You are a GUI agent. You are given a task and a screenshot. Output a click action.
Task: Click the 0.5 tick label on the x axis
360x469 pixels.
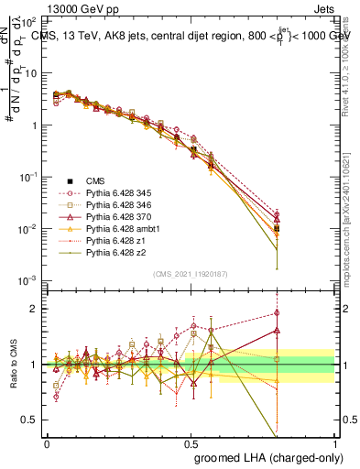point(191,443)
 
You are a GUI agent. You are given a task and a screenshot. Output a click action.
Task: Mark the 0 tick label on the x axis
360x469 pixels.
point(47,443)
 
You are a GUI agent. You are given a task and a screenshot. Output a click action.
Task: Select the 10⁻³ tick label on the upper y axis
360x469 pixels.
point(29,279)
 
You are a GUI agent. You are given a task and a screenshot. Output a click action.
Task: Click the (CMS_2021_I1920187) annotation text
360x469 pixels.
point(191,274)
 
